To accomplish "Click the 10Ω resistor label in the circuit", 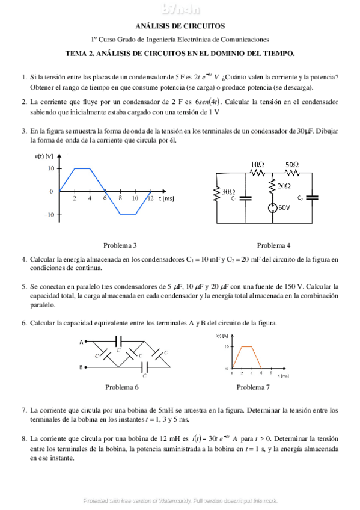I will click(x=257, y=164).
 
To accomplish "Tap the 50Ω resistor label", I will click(x=293, y=164).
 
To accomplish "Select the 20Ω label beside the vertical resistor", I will click(x=284, y=186).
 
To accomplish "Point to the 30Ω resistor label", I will click(x=228, y=192).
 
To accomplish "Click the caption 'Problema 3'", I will click(x=120, y=245).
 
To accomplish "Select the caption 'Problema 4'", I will click(x=273, y=245).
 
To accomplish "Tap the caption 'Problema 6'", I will click(x=122, y=387).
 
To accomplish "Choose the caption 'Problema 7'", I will click(x=253, y=387).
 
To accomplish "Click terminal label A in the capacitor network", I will click(x=81, y=342).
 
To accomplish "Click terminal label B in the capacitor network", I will click(x=81, y=366).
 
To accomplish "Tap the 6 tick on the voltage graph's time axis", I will click(x=105, y=198).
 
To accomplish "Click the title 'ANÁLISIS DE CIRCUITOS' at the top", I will click(x=180, y=26).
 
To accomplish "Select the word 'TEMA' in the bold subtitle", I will click(x=76, y=53).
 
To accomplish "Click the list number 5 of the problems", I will click(x=24, y=286).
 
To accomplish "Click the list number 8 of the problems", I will click(x=24, y=439).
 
